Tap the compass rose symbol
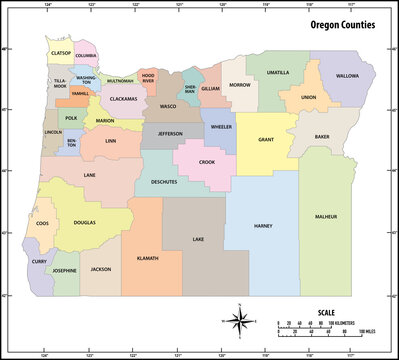[x=241, y=320]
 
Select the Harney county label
[x=263, y=226]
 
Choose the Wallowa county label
[x=347, y=76]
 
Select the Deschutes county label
[x=163, y=183]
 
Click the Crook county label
[x=207, y=162]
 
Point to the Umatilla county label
[x=278, y=73]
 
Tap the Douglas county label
[x=85, y=222]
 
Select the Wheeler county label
[x=222, y=127]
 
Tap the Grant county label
[x=266, y=141]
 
